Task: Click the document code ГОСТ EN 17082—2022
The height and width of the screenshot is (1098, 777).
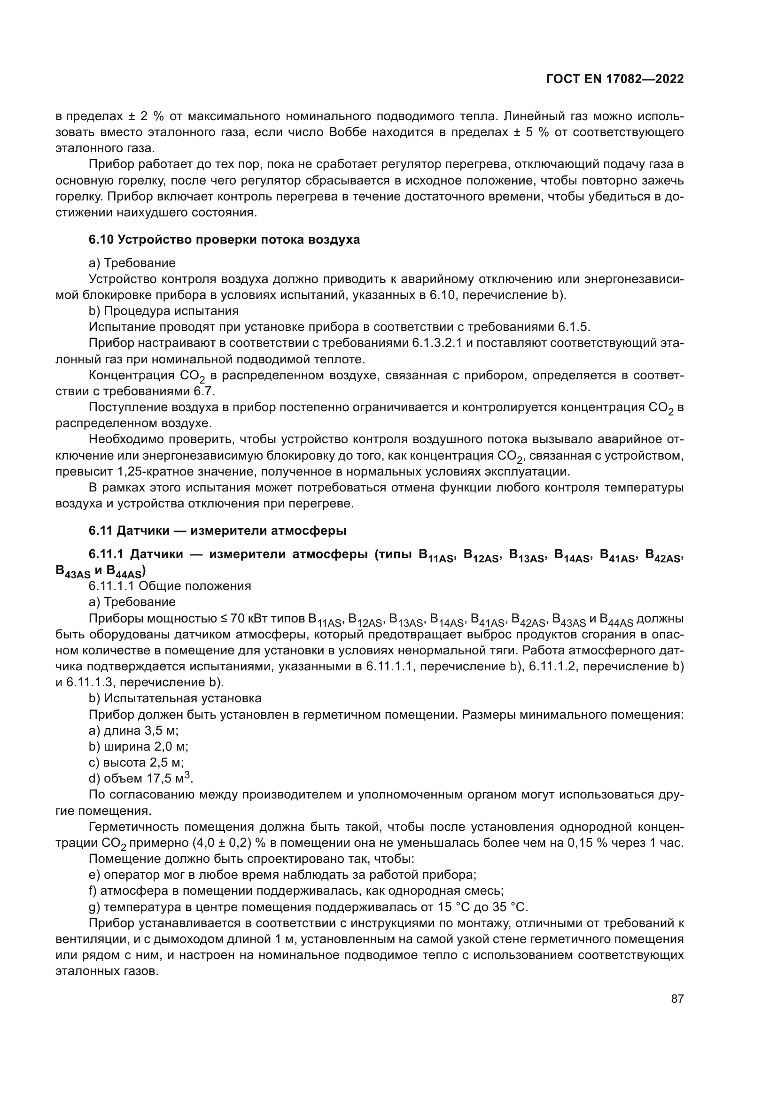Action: (614, 79)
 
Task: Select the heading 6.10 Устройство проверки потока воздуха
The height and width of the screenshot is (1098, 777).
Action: (224, 239)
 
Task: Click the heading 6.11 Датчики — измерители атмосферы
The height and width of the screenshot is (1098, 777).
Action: (217, 530)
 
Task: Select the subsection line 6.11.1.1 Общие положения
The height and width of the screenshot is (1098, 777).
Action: (170, 586)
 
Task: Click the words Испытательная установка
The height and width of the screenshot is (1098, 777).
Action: (182, 698)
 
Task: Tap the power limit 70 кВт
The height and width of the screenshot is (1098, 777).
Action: (249, 618)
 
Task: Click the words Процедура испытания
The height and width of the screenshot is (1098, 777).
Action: (171, 311)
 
